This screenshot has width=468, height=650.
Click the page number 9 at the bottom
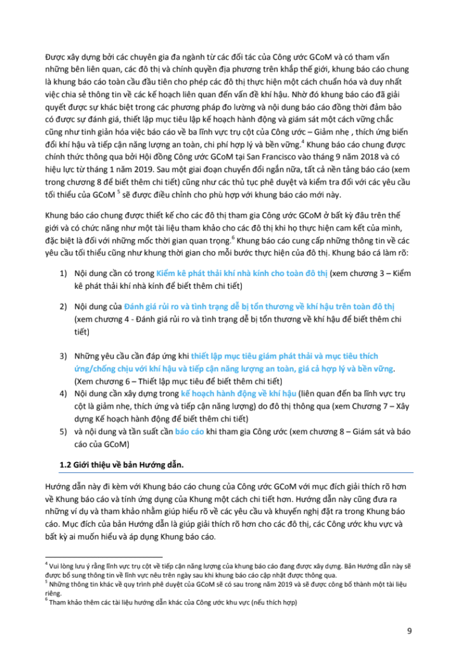409,630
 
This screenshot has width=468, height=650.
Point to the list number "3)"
64,357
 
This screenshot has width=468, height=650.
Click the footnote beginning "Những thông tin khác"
216,584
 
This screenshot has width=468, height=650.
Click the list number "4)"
64,394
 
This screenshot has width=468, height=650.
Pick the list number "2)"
64,307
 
